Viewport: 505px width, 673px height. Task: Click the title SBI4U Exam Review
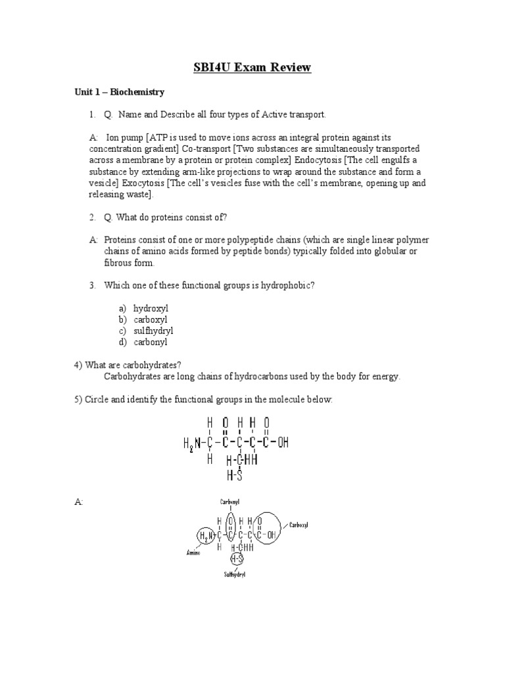(252, 67)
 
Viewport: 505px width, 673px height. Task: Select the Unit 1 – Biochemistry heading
(119, 92)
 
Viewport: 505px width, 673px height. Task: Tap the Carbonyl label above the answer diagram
(229, 501)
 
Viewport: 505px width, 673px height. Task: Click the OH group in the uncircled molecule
(283, 443)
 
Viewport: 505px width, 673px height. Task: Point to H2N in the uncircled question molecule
(192, 444)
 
